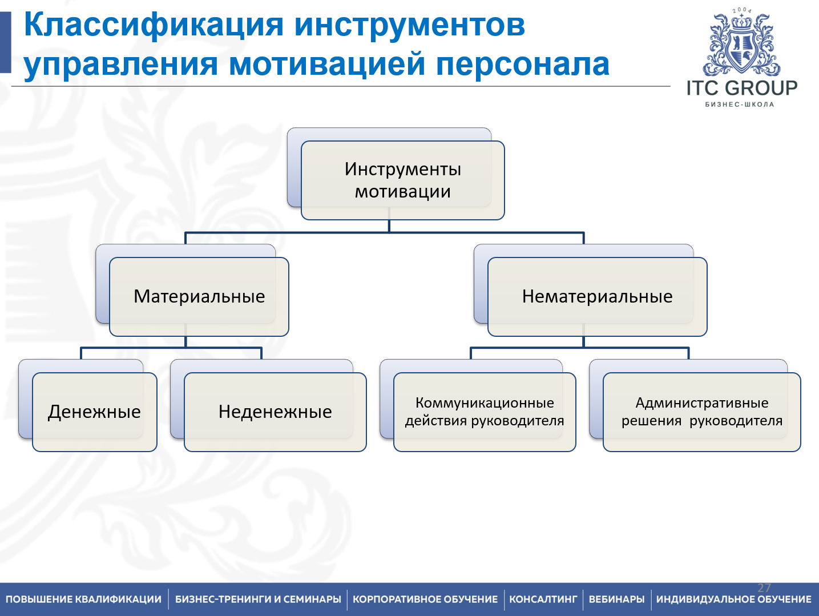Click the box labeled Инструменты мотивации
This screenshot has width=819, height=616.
click(x=402, y=180)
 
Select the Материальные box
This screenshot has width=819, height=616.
click(x=199, y=296)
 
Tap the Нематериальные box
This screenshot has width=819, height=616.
click(x=597, y=296)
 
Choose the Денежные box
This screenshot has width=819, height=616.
click(x=94, y=412)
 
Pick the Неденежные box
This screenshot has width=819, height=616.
click(x=275, y=412)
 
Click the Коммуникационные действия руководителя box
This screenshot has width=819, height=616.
click(x=485, y=412)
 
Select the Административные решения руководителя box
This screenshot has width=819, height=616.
click(x=701, y=412)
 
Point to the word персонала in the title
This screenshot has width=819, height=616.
click(x=522, y=64)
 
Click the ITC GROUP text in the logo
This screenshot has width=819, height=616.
click(x=741, y=88)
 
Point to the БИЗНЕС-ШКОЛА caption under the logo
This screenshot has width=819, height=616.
click(x=740, y=104)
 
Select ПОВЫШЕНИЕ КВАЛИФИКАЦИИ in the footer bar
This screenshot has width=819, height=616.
click(x=83, y=599)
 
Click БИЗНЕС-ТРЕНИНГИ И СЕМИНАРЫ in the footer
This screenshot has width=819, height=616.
click(x=258, y=599)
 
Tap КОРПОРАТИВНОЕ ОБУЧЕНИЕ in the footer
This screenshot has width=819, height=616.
click(x=425, y=599)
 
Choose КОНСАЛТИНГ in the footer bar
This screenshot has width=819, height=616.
click(x=543, y=599)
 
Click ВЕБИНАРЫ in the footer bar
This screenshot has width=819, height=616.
click(x=616, y=599)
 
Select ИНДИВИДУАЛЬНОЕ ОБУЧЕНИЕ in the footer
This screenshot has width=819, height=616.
click(x=733, y=599)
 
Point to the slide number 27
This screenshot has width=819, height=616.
click(x=764, y=587)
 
